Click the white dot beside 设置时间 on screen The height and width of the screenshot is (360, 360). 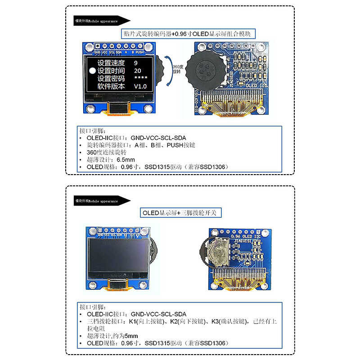click(93, 71)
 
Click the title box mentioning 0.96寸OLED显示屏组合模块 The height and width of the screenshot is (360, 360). click(189, 34)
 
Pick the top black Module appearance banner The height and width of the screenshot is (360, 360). click(101, 21)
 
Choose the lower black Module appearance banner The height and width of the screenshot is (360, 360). click(101, 201)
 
